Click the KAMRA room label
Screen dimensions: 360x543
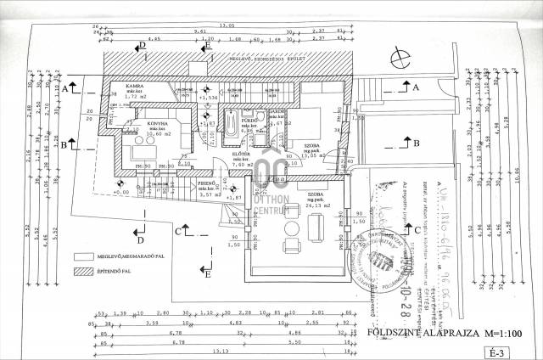coord(133,87)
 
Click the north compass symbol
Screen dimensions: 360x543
coord(397,58)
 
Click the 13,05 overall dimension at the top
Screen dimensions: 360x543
coord(227,26)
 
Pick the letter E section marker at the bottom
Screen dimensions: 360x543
coord(207,272)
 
